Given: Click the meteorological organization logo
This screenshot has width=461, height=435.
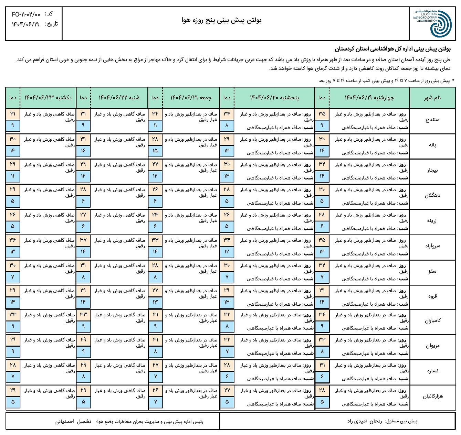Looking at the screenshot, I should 432,23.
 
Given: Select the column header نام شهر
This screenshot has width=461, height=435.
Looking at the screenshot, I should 432,98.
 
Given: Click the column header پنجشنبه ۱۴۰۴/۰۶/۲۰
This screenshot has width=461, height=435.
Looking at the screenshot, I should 274,98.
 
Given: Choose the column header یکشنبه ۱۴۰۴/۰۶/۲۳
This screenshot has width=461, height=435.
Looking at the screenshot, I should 48,98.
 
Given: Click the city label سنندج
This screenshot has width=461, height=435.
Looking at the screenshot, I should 432,120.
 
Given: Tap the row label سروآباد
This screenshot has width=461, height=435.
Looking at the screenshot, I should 432,246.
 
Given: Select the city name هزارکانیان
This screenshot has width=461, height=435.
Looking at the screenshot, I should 432,396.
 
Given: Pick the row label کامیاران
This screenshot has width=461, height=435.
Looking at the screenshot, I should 432,321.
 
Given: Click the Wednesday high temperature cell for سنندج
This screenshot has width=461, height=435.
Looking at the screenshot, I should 322,114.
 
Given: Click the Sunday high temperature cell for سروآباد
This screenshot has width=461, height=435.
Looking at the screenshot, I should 13,240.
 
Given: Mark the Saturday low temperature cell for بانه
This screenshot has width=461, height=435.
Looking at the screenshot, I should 83,151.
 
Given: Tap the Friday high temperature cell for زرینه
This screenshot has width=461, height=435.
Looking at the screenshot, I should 155,215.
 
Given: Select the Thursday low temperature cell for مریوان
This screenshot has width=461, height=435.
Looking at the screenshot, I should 227,351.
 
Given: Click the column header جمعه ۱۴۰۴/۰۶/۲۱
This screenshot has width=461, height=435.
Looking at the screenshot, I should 191,98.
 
